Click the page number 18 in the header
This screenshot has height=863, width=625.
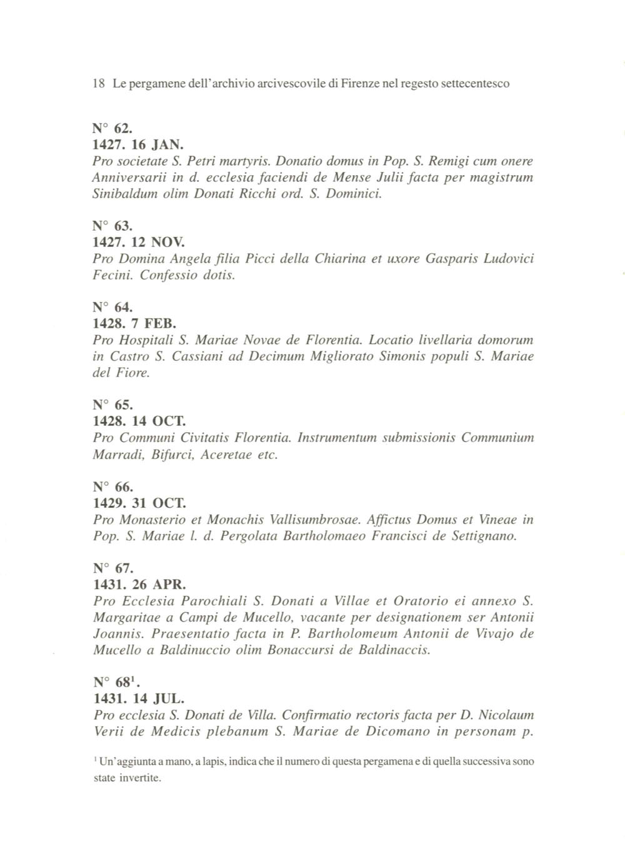click(x=97, y=83)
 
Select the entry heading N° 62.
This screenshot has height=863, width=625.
click(x=112, y=129)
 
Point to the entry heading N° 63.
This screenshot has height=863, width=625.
click(x=112, y=226)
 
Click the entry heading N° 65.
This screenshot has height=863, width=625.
click(x=112, y=405)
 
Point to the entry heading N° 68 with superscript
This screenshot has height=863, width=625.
click(x=114, y=682)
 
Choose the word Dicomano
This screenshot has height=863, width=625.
click(x=397, y=731)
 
